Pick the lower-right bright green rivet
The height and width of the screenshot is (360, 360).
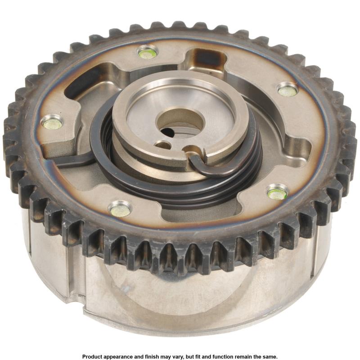click(277, 194)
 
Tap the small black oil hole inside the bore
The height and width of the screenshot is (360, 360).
click(166, 131)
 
